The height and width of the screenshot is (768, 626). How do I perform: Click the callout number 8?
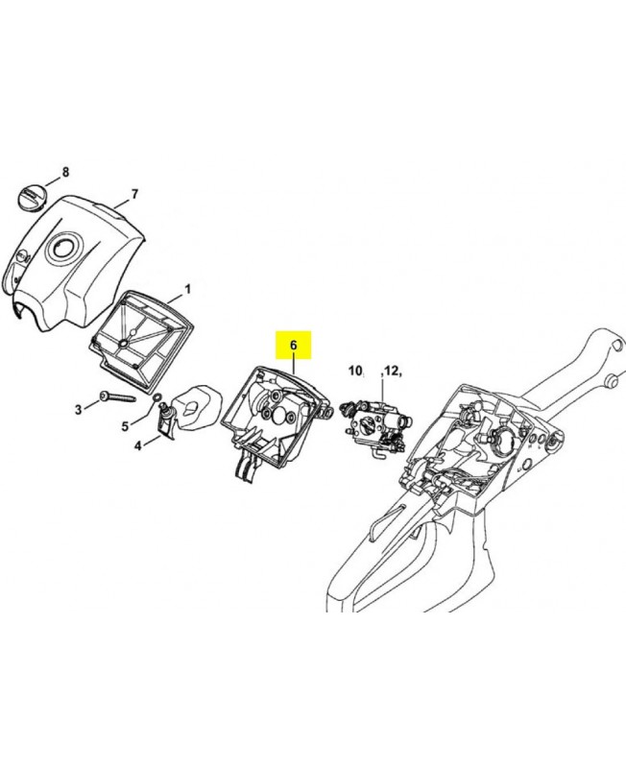(x=65, y=172)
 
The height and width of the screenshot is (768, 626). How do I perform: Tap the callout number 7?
(x=134, y=195)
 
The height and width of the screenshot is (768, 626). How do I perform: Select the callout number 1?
(x=187, y=290)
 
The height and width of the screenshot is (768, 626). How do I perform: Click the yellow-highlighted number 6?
(x=293, y=345)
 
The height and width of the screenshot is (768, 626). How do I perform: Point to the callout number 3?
(x=79, y=410)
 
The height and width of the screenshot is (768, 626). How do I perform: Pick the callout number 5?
(x=126, y=426)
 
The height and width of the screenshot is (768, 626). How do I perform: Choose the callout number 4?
(x=137, y=445)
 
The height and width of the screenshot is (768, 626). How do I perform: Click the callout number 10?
(x=354, y=371)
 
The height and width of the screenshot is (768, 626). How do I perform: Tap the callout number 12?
(x=392, y=371)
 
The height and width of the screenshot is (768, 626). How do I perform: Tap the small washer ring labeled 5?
(x=156, y=396)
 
